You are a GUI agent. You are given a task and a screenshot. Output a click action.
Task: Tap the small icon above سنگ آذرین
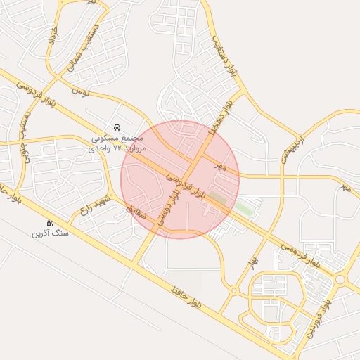50,223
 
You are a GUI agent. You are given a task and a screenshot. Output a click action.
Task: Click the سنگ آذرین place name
50,233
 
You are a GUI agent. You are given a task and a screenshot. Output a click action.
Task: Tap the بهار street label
250,263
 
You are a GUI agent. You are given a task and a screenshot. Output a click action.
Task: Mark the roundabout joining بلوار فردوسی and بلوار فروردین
340,279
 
